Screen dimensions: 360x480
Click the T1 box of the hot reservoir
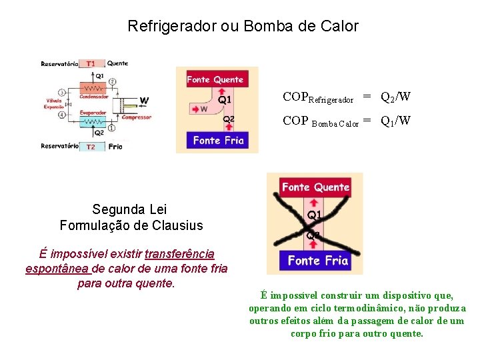click(91, 64)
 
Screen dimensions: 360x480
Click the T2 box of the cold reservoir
click(91, 146)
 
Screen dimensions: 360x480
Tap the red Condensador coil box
click(93, 88)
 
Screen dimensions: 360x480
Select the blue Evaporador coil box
click(93, 122)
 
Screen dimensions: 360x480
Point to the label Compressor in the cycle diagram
click(137, 117)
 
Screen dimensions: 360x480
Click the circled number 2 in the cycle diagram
click(112, 82)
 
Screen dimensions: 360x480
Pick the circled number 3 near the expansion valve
click(62, 92)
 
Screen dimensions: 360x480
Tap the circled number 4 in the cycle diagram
click(62, 115)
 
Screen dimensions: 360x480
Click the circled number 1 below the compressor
click(112, 127)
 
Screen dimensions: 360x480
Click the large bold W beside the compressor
click(144, 101)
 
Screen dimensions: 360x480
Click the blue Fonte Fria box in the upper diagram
click(218, 140)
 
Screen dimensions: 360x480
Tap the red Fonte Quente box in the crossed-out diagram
click(315, 187)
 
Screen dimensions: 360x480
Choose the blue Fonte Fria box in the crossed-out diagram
click(317, 261)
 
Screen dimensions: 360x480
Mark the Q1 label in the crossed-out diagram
click(314, 215)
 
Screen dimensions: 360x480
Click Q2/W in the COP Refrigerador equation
click(395, 97)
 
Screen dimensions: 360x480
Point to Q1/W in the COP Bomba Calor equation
click(395, 121)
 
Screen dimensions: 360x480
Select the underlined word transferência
click(179, 254)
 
